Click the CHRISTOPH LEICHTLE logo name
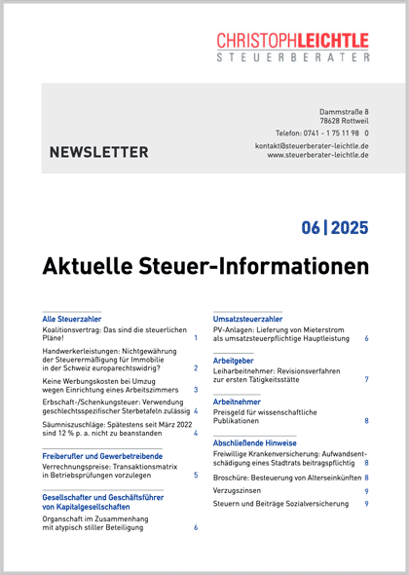(x=292, y=40)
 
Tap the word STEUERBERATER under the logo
(x=292, y=58)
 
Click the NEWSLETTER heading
(x=98, y=152)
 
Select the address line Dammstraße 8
(x=344, y=113)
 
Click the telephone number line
(x=321, y=133)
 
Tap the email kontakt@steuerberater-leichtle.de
(x=311, y=145)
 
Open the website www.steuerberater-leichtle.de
(x=317, y=154)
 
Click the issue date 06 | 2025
(x=334, y=228)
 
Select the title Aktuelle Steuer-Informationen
(x=205, y=266)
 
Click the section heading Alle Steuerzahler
(x=71, y=319)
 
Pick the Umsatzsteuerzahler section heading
(x=247, y=319)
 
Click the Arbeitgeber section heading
(x=236, y=360)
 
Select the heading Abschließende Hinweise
(x=255, y=442)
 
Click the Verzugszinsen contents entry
(x=239, y=492)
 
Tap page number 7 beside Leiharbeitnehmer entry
(x=366, y=378)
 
